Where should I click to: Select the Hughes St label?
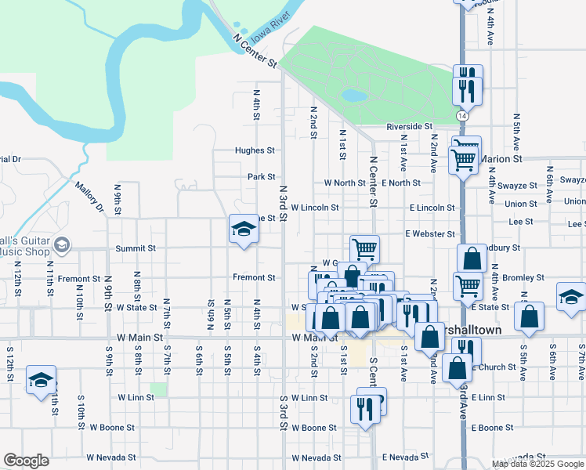(255, 150)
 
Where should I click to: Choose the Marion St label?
(501, 158)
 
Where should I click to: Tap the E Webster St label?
(430, 234)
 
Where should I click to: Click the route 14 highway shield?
(465, 115)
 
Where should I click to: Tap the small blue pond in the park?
(354, 96)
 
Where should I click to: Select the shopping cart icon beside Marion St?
(464, 160)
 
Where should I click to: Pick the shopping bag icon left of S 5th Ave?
(530, 316)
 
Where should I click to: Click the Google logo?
(26, 461)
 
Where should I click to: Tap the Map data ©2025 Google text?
(537, 464)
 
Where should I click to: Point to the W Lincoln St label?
(315, 208)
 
